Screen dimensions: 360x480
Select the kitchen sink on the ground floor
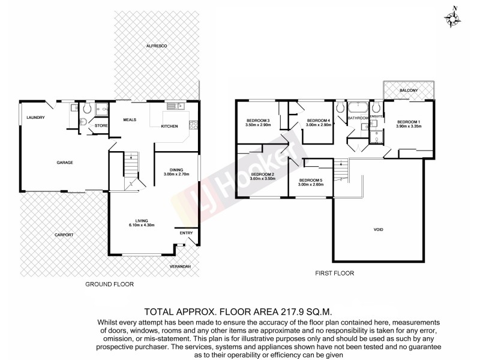click(176, 107)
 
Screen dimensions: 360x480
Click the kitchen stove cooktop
click(193, 125)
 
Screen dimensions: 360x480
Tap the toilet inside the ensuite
click(376, 109)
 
